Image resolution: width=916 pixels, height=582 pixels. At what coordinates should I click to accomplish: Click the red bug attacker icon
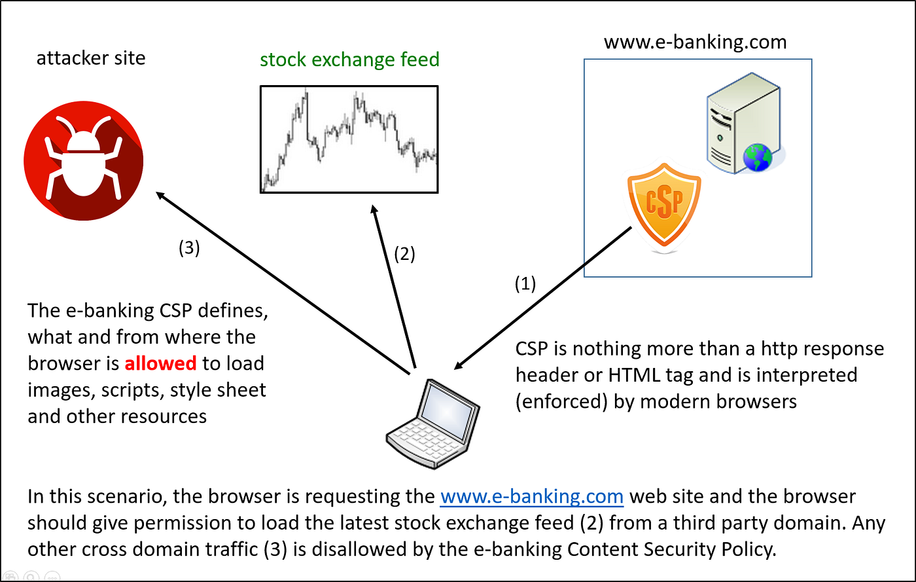(84, 158)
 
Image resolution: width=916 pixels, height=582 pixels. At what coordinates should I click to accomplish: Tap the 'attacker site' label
(91, 58)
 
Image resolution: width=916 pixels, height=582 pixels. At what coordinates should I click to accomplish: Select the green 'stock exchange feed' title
(349, 60)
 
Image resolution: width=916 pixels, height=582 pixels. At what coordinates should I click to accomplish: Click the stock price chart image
(349, 139)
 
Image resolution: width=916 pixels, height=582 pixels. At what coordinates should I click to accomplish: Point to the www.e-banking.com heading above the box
(695, 43)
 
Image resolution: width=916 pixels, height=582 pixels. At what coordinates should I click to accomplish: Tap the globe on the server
(757, 158)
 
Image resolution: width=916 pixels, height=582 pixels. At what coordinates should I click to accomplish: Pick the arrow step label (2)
(403, 254)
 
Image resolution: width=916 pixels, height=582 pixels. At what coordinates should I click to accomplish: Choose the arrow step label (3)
(188, 249)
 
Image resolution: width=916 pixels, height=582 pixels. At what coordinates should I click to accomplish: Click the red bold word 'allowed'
(160, 363)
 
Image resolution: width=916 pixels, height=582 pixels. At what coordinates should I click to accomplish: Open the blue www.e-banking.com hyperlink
(531, 497)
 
